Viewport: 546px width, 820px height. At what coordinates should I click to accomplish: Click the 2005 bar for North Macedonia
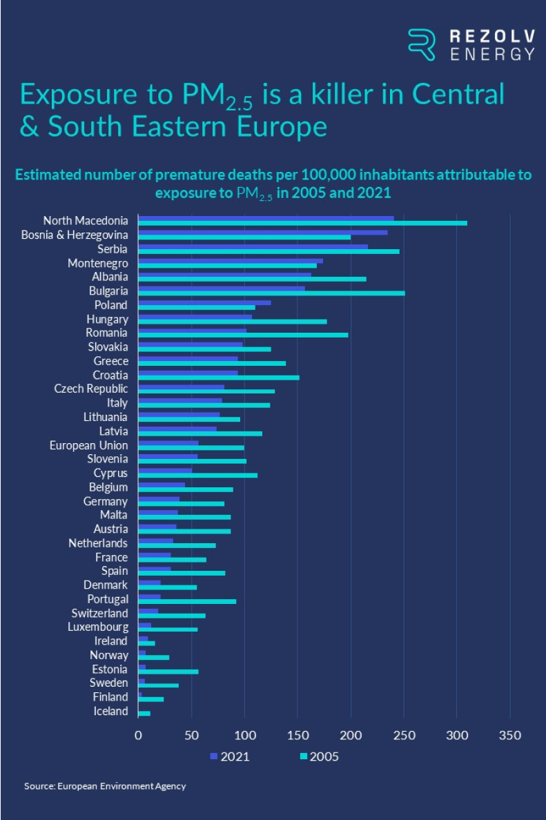tap(302, 223)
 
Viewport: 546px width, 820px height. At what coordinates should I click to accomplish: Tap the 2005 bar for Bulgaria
tap(271, 293)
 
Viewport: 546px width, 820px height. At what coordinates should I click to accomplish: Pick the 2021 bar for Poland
tap(204, 302)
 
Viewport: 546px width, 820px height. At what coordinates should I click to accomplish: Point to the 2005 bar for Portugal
tap(187, 601)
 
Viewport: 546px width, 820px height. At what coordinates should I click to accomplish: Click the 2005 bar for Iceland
tap(144, 713)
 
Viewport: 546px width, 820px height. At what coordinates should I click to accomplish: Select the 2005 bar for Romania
tap(243, 335)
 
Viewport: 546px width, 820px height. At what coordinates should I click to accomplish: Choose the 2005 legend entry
tap(318, 756)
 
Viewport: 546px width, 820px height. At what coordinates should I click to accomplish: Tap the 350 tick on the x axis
tap(509, 735)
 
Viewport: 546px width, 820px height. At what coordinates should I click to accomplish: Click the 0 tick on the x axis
tap(138, 735)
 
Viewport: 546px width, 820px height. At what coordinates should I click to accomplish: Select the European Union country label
tap(88, 445)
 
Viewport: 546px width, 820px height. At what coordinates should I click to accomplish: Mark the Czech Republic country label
tap(91, 389)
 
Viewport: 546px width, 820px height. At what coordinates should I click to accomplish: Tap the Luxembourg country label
tap(97, 627)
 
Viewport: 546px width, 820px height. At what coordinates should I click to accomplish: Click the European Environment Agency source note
tap(105, 786)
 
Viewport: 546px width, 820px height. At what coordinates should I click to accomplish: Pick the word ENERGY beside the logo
tap(492, 55)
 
